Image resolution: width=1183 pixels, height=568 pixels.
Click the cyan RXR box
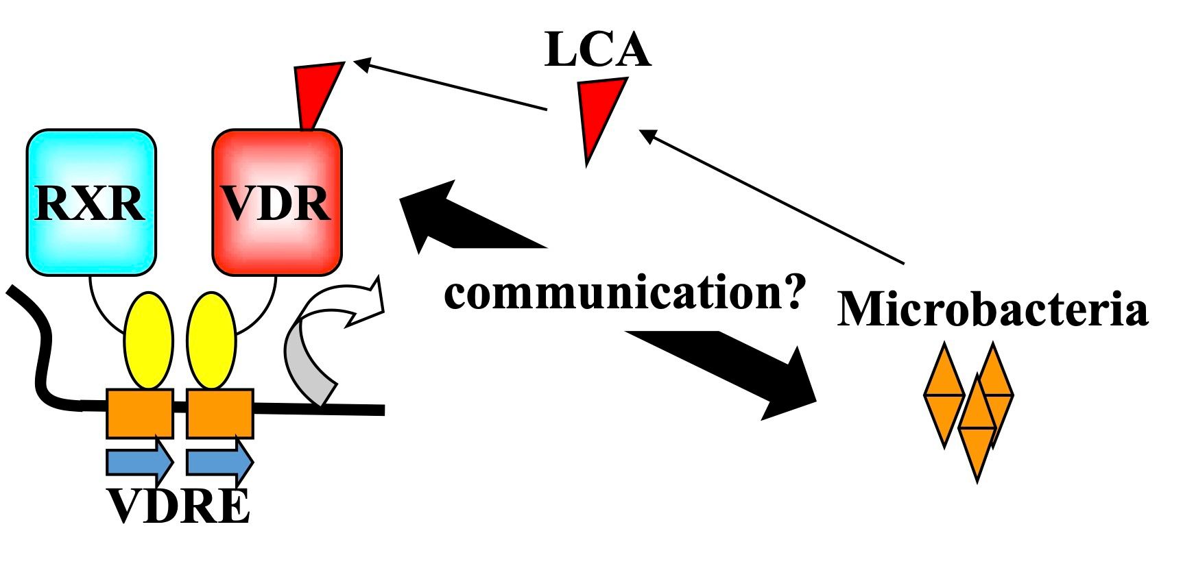[91, 202]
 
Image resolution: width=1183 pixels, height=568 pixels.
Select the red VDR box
[276, 202]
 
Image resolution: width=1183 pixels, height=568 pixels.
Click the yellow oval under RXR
[148, 341]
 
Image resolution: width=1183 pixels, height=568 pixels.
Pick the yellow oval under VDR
[211, 341]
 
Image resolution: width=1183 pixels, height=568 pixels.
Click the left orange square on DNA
[139, 413]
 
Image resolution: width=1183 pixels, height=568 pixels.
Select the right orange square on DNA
[219, 413]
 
